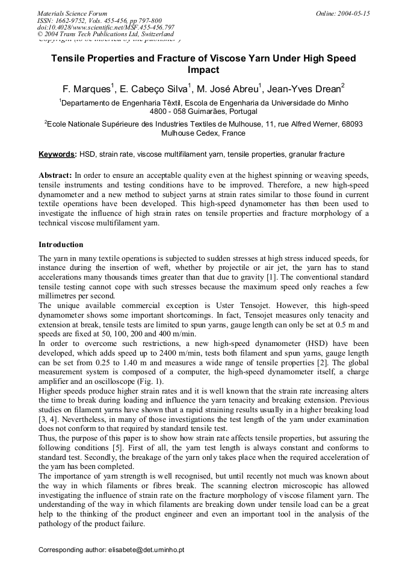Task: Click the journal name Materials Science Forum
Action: coord(72,13)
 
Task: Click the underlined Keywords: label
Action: coord(58,154)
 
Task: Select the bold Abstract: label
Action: coord(55,175)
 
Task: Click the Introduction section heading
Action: coord(61,245)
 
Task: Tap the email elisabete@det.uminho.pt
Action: coord(146,550)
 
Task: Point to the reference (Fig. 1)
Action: coord(151,382)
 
